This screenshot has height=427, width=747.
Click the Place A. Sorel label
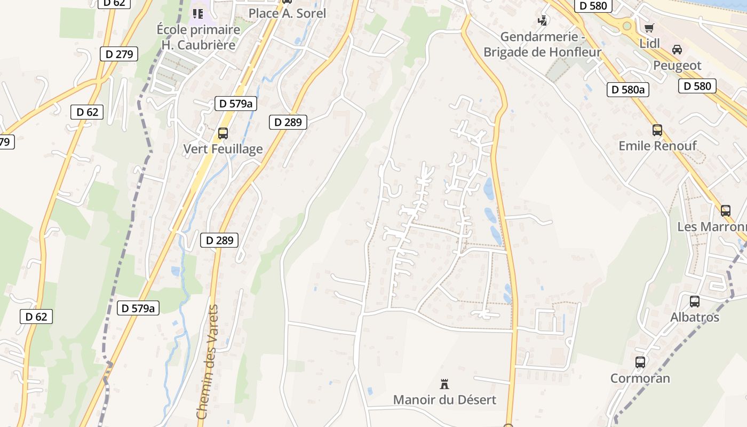click(287, 13)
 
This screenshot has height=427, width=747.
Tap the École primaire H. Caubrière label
click(198, 37)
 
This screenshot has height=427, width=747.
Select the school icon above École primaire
click(198, 14)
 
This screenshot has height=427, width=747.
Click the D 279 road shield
click(119, 54)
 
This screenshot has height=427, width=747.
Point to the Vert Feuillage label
click(223, 149)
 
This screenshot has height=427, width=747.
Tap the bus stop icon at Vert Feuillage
click(223, 133)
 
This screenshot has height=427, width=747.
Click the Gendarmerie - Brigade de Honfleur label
click(542, 44)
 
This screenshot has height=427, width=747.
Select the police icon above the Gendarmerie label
click(543, 21)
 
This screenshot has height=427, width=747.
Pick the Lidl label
click(649, 44)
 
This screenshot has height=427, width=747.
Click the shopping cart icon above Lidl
click(649, 28)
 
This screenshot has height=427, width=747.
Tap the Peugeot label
click(677, 66)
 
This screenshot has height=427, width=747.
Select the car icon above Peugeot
click(677, 50)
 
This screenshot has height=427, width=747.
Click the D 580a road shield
click(627, 90)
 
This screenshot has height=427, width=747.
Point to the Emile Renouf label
click(657, 146)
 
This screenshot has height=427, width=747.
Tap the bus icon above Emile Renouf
click(657, 130)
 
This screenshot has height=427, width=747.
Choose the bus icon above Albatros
click(695, 302)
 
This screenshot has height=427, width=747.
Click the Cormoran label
click(640, 378)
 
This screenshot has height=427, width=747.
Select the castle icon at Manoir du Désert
click(444, 384)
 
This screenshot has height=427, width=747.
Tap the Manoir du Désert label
click(444, 400)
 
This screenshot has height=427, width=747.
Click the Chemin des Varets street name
click(207, 362)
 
